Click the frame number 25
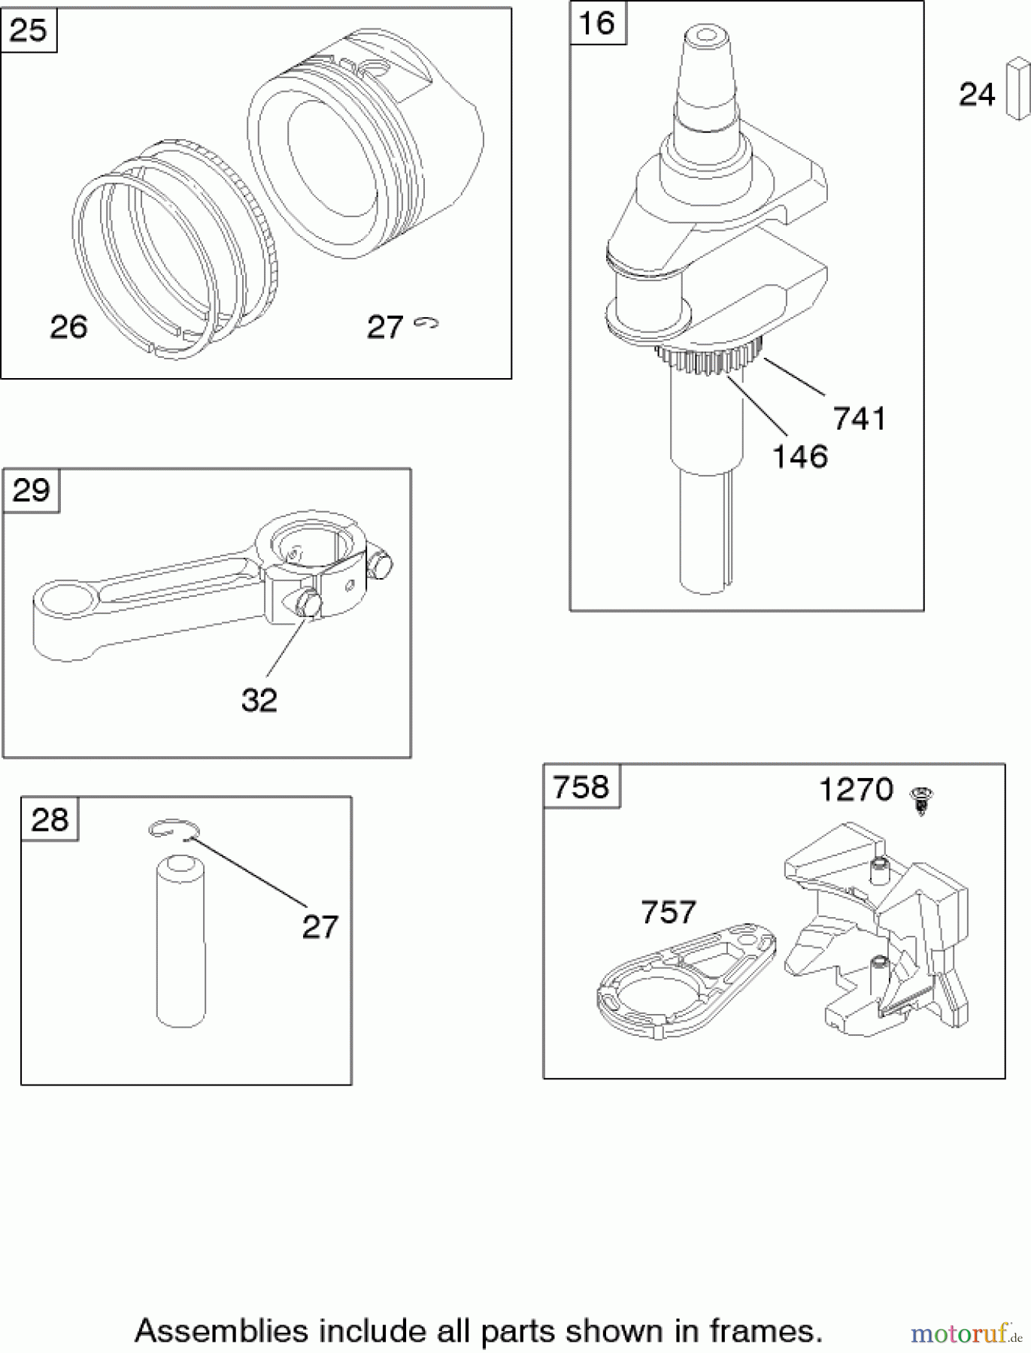(x=29, y=31)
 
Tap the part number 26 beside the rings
(x=68, y=327)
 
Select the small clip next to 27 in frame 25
(x=428, y=323)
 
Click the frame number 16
(x=597, y=23)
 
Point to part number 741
(x=860, y=419)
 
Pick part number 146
(x=800, y=456)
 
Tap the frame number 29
(x=31, y=490)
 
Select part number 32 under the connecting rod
(x=259, y=700)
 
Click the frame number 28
(x=50, y=819)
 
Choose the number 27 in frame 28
(x=320, y=927)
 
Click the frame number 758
(x=581, y=787)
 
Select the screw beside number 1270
(x=921, y=799)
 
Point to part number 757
(x=668, y=912)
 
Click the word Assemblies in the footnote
(x=222, y=1330)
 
